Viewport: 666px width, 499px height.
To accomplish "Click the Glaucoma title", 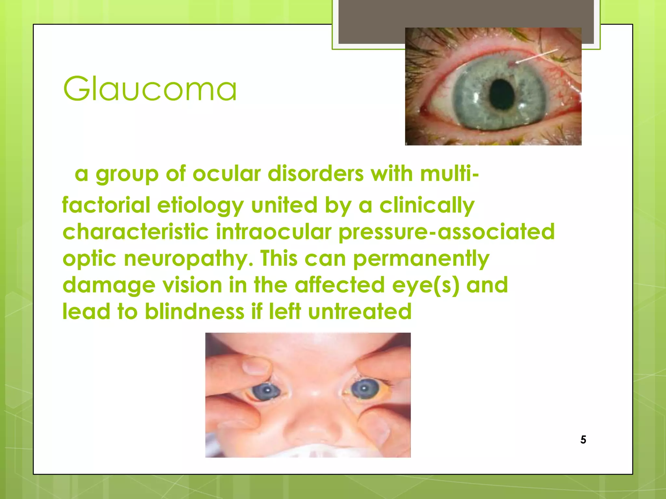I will click(150, 89).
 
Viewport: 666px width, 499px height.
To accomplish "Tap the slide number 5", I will click(583, 440).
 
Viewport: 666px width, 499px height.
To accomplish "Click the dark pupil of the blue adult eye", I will click(502, 94).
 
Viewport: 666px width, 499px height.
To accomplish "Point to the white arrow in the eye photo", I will click(536, 56).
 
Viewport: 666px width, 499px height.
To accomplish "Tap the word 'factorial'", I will click(106, 205).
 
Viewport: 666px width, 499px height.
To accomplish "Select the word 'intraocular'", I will click(273, 232).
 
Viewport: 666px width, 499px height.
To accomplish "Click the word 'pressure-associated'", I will click(446, 232).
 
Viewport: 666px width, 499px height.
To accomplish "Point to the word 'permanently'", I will click(421, 259).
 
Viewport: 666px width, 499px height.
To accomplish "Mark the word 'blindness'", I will click(194, 312).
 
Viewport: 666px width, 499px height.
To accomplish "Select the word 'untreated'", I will click(360, 312).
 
